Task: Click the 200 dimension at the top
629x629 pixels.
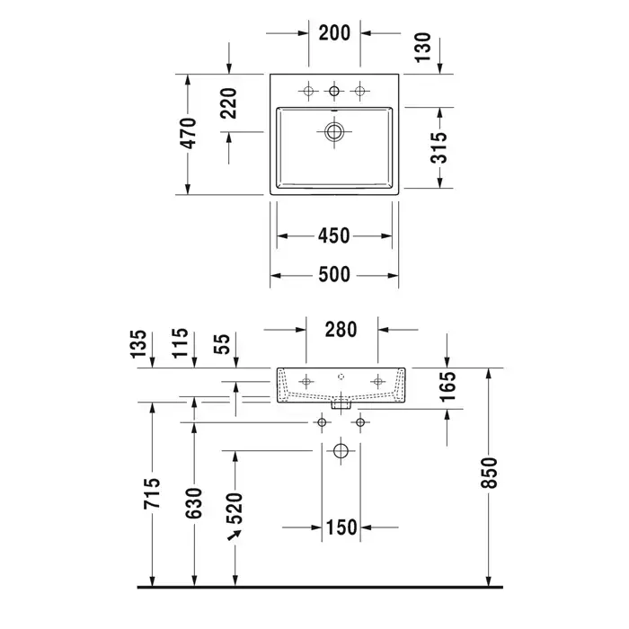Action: (334, 33)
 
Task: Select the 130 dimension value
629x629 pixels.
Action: (423, 48)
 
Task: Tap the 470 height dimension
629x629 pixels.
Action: (189, 133)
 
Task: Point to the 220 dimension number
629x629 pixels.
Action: (229, 103)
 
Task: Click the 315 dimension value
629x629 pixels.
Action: (439, 147)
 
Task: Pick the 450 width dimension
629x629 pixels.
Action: (333, 235)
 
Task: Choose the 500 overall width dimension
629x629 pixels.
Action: (334, 275)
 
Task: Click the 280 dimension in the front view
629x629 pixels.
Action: (341, 330)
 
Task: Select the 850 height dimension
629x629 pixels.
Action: (489, 473)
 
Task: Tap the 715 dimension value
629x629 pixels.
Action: (152, 493)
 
